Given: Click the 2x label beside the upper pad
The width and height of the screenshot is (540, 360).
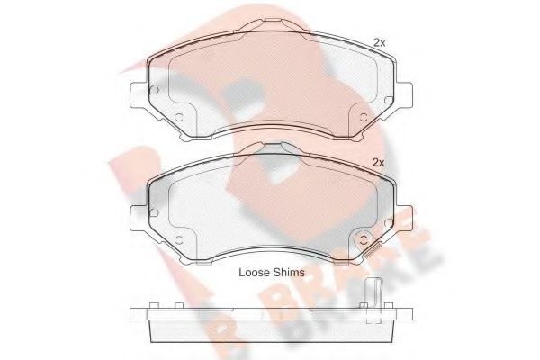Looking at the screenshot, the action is [x=380, y=42].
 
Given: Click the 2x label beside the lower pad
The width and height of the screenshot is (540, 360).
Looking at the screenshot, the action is [x=379, y=163].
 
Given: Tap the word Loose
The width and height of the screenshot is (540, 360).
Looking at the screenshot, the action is [x=254, y=273].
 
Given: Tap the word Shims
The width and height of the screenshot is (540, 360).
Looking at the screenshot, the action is [x=289, y=273].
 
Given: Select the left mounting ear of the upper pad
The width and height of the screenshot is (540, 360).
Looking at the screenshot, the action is [x=139, y=94].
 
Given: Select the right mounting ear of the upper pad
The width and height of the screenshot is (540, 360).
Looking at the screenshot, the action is [x=404, y=94].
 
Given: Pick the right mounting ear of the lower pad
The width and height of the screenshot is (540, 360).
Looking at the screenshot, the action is [x=404, y=219].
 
